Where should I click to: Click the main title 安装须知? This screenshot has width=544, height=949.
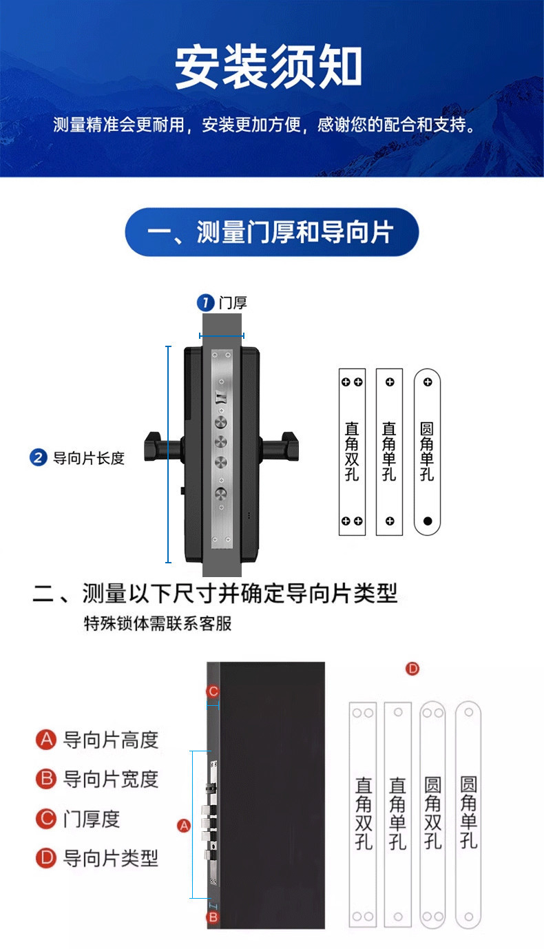point(269,67)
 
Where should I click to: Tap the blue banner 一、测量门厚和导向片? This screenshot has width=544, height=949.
point(271,232)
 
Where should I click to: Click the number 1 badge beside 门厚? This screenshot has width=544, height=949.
point(205,302)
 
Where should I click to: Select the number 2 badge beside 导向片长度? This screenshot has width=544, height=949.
point(39,457)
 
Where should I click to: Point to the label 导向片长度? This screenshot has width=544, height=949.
point(89,458)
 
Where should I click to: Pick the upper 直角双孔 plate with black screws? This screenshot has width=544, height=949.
point(352,452)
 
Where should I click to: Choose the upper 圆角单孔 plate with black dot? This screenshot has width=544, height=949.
point(427,452)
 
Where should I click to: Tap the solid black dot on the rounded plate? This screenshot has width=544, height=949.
point(427,521)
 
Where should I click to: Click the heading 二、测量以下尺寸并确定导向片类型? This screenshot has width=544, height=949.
point(216,593)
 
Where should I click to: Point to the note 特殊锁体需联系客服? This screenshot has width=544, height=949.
point(158,624)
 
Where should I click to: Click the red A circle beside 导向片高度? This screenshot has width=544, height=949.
point(45,740)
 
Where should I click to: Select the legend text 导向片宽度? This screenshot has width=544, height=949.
point(111,779)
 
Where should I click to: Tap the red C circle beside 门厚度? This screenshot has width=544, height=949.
point(45,819)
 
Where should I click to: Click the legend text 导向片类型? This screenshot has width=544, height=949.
point(111,858)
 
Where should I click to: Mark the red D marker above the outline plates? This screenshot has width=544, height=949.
point(412,668)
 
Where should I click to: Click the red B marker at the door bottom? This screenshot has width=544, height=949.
point(213,917)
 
